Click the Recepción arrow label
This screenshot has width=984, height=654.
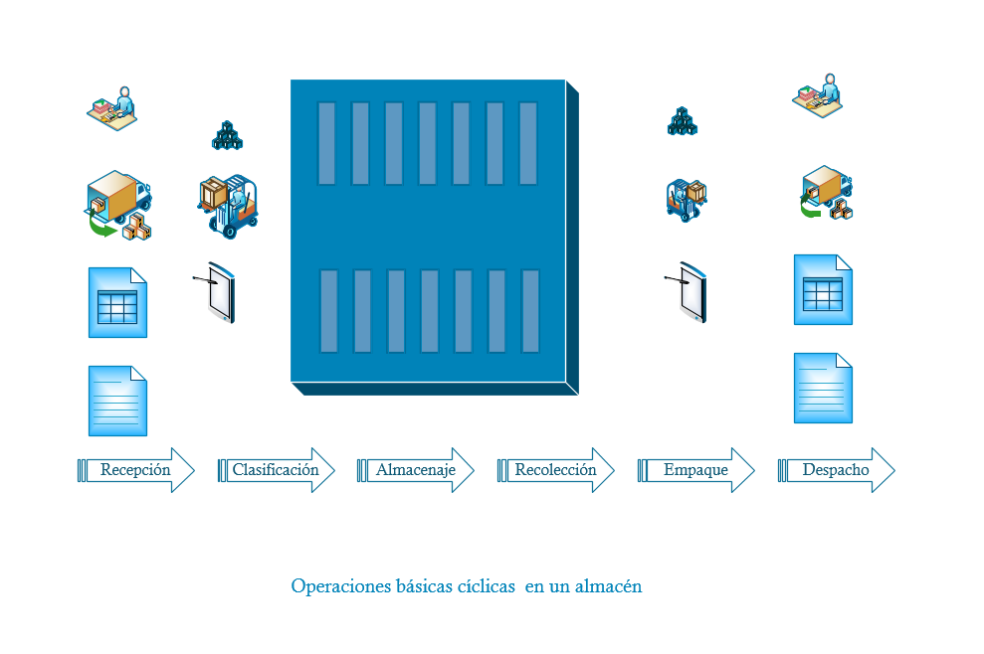pos(135,470)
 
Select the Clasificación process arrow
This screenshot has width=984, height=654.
pos(276,470)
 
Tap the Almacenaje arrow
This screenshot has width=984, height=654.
pos(416,470)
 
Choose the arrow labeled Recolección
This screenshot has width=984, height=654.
pos(555,470)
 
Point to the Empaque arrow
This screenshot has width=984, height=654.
pos(695,470)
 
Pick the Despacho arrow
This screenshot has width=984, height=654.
pos(836,470)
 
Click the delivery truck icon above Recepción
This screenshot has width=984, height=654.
pos(118,205)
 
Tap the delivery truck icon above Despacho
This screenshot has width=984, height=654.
pos(827,193)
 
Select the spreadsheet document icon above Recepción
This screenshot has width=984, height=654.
pos(118,303)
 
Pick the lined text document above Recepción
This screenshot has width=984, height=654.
pos(118,402)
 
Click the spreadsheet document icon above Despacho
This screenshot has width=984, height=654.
pos(824,289)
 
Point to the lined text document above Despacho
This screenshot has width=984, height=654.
pos(824,389)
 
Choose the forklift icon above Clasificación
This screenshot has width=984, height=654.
pos(228,207)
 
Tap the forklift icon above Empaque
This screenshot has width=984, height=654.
pos(687,200)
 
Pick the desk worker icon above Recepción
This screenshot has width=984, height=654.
pos(112,108)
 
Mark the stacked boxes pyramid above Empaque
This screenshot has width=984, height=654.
pos(683,121)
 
